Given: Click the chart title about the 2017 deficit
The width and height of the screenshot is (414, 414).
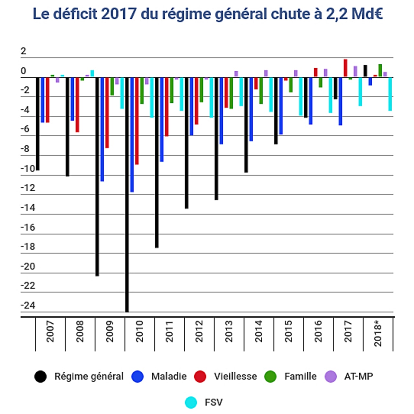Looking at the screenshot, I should (x=208, y=14).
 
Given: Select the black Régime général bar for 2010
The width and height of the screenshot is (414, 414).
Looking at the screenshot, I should (x=127, y=194).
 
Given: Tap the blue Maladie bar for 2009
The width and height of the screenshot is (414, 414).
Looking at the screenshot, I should (x=102, y=129).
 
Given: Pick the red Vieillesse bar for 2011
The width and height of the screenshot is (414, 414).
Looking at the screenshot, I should (x=167, y=107).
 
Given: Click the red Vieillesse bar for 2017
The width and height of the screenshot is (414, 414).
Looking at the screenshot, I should (x=345, y=68).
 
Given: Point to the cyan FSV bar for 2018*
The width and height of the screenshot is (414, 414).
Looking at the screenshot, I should (x=390, y=94).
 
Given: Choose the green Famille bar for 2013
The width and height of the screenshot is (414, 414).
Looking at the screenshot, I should (x=231, y=93).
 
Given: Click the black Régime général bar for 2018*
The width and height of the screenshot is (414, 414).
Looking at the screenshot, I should (x=365, y=71).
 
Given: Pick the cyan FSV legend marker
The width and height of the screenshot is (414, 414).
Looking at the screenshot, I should (x=191, y=402).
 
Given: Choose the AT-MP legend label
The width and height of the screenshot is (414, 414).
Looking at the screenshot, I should (x=358, y=376).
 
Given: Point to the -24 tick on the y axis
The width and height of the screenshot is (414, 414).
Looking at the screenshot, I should (x=28, y=305).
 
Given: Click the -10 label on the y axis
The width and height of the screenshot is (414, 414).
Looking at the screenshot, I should (x=28, y=169).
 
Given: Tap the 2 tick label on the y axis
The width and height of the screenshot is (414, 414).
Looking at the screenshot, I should (x=23, y=51).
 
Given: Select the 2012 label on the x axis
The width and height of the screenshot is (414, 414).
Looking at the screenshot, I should (x=199, y=331).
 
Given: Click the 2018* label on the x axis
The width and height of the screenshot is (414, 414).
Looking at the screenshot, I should (x=378, y=333).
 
